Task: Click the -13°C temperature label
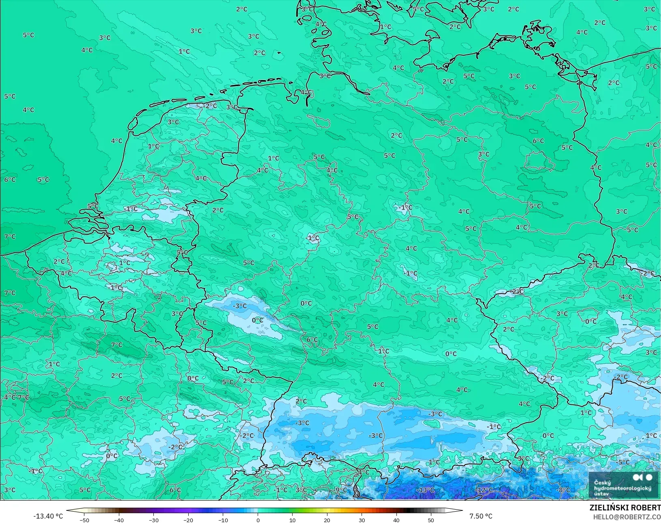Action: click(x=425, y=490)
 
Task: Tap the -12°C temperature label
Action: click(x=484, y=490)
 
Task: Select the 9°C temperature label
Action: click(x=341, y=490)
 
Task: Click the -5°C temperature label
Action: click(x=622, y=462)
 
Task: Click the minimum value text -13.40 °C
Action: click(x=48, y=516)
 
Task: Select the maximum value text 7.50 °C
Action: click(x=481, y=516)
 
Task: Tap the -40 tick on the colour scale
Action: click(x=118, y=520)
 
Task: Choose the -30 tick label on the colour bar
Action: click(x=153, y=520)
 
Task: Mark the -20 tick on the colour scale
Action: click(x=188, y=520)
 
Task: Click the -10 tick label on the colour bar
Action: click(x=223, y=520)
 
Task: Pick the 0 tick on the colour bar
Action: click(x=258, y=520)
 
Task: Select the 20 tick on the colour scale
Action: click(x=327, y=520)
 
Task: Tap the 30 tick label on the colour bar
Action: click(x=362, y=520)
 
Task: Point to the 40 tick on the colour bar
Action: click(x=396, y=520)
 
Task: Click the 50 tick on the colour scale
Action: click(x=431, y=520)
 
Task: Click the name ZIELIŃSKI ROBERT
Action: click(x=625, y=508)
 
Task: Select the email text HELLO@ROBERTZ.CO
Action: click(x=627, y=517)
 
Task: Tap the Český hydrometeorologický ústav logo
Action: click(x=623, y=485)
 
